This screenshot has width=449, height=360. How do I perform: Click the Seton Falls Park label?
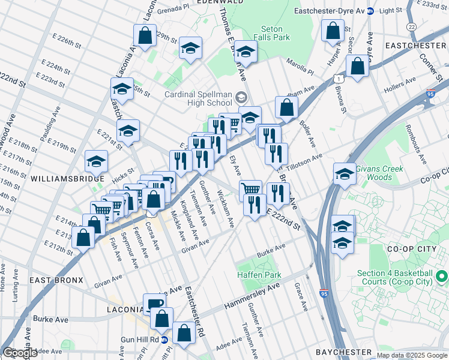[276, 32]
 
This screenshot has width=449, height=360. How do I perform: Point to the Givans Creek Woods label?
[378, 173]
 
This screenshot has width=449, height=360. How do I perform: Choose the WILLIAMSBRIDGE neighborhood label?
[62, 179]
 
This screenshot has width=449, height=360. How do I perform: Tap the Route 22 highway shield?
[411, 27]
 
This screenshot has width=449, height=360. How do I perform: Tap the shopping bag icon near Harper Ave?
[333, 30]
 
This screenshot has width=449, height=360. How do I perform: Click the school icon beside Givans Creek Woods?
[345, 173]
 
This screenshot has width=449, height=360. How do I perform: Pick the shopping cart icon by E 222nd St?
[251, 190]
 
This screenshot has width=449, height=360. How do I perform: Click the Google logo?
[20, 353]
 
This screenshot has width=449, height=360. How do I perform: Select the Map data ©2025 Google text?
[412, 355]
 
